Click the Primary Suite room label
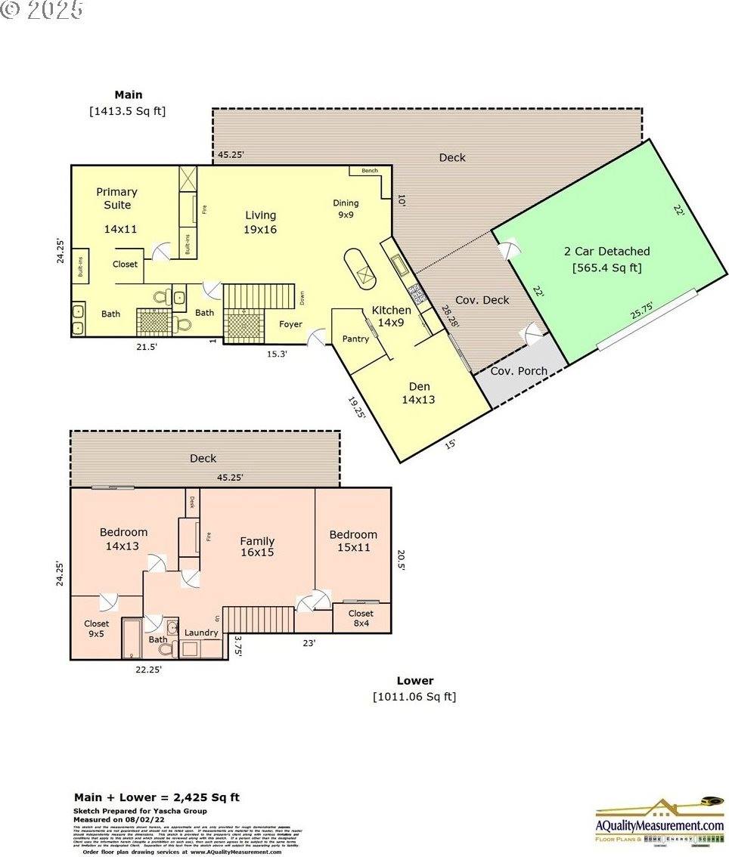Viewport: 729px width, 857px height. coord(117,199)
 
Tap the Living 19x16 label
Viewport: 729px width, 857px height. coord(260,222)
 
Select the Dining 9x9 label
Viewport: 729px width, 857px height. coord(346,209)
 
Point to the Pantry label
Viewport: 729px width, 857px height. coord(355,339)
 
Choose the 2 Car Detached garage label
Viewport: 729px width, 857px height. coord(606,258)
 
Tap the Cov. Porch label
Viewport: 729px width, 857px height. coord(519,371)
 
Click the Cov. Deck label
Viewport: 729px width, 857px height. coord(482,300)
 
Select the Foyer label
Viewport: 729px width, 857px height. coord(291,324)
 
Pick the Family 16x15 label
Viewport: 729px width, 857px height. coord(257,546)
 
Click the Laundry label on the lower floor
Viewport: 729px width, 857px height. coord(201,633)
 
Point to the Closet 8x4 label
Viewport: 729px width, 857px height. coord(361,618)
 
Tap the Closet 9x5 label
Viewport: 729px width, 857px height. coord(97,629)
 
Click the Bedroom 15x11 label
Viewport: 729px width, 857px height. coord(353,540)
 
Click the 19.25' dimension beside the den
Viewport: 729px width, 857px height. coord(356,411)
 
